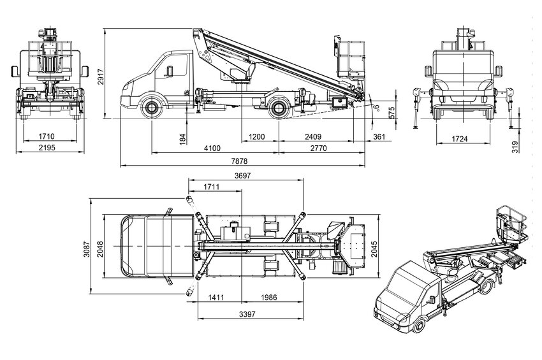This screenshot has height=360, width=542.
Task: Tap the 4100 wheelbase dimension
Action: (x=212, y=148)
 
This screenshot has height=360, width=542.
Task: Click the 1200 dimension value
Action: (x=257, y=136)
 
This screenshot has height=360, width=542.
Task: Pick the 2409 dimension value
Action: (x=312, y=136)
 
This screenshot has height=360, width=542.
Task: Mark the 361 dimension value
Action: (x=379, y=136)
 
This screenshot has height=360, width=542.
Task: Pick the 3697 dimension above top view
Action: (x=243, y=175)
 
